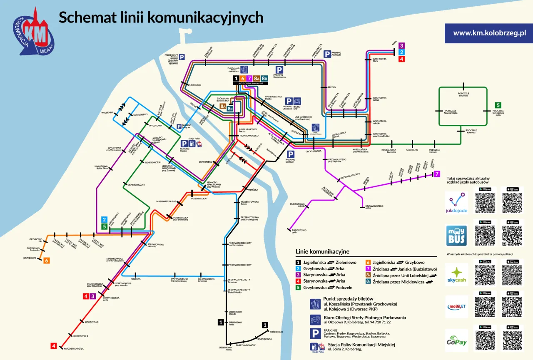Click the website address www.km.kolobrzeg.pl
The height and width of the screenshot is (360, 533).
pos(489,33)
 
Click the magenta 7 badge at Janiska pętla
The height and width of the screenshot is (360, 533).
pos(437,174)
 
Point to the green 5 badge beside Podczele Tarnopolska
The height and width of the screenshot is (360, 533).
pos(498,105)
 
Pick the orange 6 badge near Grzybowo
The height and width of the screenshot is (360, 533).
pos(47,261)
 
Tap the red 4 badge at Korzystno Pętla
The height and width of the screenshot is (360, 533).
pos(53,345)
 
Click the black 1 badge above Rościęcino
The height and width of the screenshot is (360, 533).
pos(265,325)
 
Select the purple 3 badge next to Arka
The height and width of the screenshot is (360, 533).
pos(401,46)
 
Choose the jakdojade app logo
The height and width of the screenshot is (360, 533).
pos(456,202)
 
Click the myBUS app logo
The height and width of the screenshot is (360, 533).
pos(456,236)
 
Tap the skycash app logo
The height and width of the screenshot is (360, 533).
pos(456,274)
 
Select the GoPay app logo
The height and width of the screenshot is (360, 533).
pos(456,340)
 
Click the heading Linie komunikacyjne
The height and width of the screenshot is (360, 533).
pos(322,252)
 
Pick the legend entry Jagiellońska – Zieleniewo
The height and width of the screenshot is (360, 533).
pos(326,262)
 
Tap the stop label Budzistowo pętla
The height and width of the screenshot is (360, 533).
pos(299,231)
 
